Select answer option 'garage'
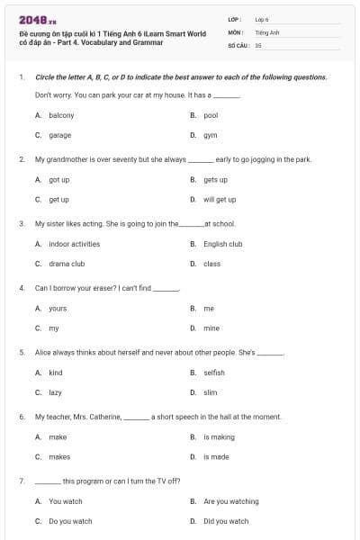[x=59, y=135]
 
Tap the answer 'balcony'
[x=61, y=115]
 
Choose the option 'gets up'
[x=215, y=180]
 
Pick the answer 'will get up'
[x=220, y=200]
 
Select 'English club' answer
[x=222, y=244]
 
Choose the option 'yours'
[x=58, y=309]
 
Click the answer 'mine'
[x=211, y=328]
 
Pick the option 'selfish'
[x=214, y=373]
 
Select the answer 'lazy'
[x=55, y=392]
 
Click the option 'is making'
[x=219, y=437]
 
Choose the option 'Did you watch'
[x=226, y=521]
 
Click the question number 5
[x=21, y=353]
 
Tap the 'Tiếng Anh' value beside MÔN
[x=265, y=31]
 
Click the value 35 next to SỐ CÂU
[x=258, y=44]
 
